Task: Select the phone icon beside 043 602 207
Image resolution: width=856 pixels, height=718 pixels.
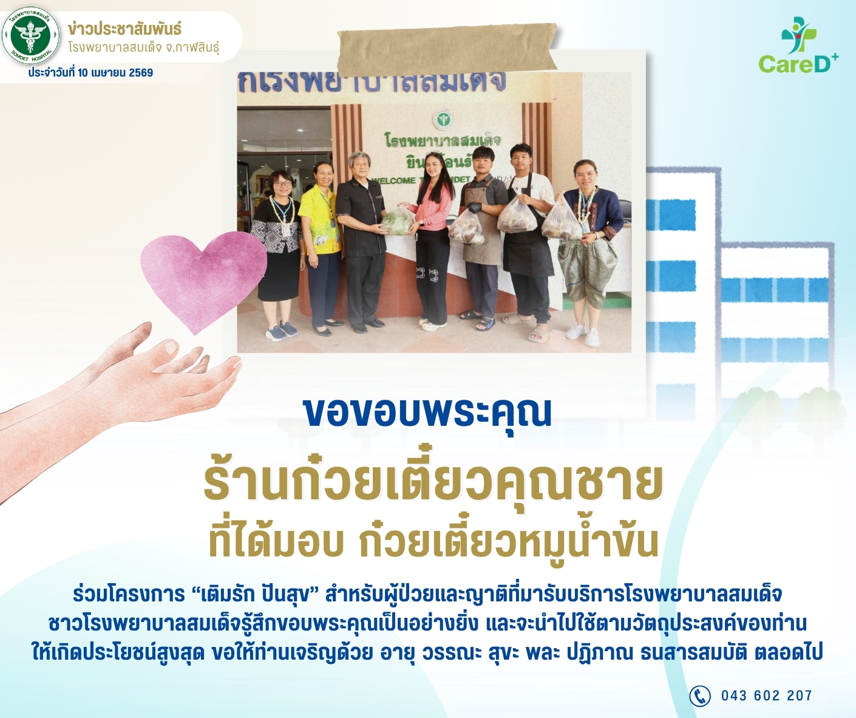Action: click(x=700, y=696)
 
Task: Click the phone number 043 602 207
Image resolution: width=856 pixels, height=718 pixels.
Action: click(x=767, y=696)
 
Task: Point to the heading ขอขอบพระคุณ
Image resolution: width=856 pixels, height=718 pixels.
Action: click(x=427, y=412)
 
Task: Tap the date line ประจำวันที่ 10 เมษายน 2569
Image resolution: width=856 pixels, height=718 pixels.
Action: click(x=90, y=73)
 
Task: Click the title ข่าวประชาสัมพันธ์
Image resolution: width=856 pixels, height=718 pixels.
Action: click(x=124, y=30)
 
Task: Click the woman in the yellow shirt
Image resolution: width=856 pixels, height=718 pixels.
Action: click(x=320, y=248)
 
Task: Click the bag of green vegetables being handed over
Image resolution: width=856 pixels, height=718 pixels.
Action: click(x=396, y=222)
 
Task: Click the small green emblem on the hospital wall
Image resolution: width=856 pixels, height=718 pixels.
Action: click(x=443, y=120)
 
